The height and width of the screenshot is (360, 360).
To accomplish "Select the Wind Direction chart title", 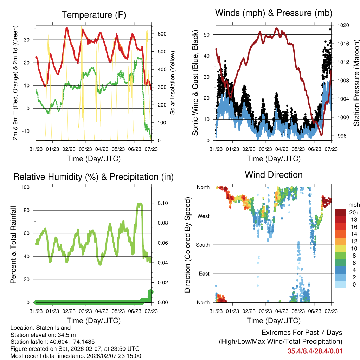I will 274,175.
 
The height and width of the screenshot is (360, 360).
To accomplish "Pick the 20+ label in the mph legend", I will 354,212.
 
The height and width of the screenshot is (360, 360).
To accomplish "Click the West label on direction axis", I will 203,216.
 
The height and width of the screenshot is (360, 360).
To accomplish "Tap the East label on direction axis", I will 204,274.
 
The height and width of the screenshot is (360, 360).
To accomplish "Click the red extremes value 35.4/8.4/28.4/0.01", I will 315,351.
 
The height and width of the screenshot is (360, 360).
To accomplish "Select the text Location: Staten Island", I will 40,328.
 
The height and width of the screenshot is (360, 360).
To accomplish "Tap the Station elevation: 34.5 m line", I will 46,335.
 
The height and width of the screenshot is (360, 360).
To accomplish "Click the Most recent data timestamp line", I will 76,356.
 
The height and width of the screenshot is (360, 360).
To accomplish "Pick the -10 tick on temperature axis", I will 26,131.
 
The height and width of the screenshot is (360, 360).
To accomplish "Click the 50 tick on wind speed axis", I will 207,34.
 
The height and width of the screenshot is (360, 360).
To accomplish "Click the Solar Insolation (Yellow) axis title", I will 173,83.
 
